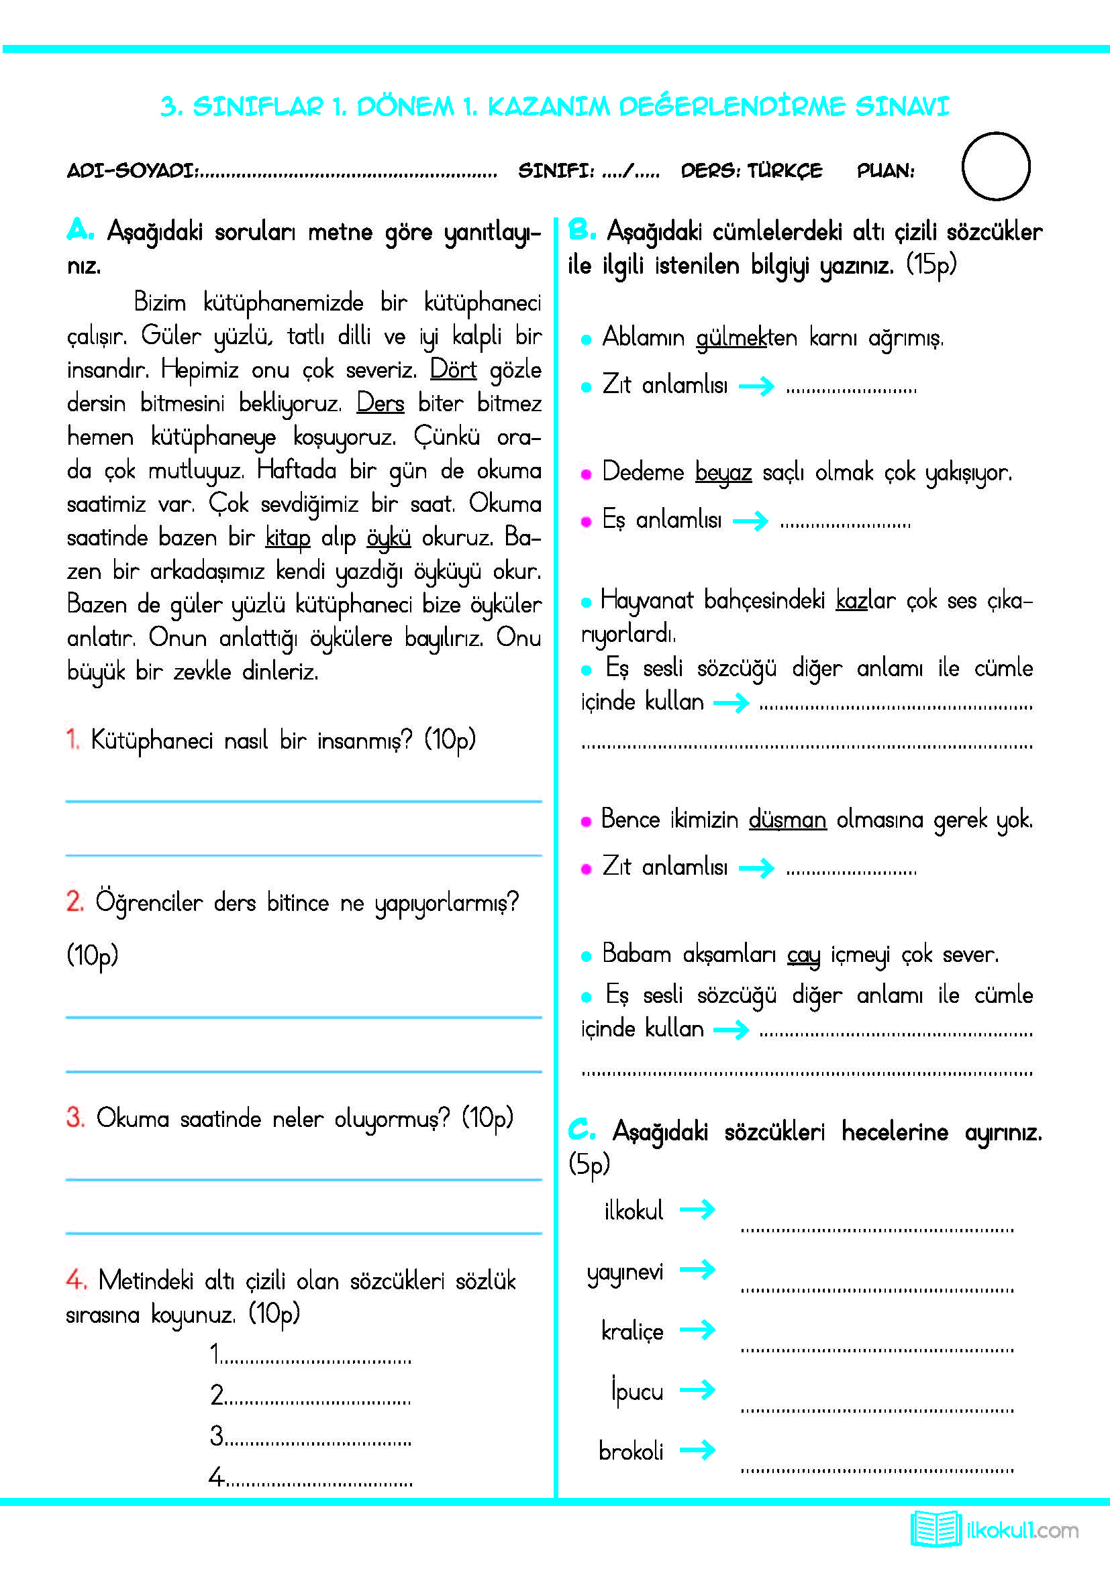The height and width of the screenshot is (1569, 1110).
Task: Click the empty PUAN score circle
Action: point(995,166)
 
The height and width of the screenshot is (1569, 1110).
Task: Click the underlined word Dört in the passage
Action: point(452,370)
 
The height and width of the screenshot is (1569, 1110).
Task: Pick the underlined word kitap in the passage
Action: point(288,538)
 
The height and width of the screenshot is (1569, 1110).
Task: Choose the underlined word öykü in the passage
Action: point(388,538)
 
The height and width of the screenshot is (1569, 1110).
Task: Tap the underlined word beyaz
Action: point(723,472)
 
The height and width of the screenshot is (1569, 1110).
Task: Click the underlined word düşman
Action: point(787,818)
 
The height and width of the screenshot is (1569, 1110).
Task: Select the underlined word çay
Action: point(803,955)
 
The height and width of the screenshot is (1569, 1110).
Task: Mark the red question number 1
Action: point(72,739)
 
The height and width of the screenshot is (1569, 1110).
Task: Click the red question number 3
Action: point(75,1118)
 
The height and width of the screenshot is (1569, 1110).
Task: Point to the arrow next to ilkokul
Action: point(697,1210)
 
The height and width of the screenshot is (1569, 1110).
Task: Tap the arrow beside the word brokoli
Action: point(697,1450)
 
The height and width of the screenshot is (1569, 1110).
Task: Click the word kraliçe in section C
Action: point(632,1331)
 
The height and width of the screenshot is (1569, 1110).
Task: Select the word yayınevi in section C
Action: point(625,1272)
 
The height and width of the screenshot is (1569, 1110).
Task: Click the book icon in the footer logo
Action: point(935,1529)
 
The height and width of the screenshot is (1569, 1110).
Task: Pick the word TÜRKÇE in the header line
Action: point(785,170)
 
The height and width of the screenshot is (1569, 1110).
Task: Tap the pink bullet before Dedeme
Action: point(586,474)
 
